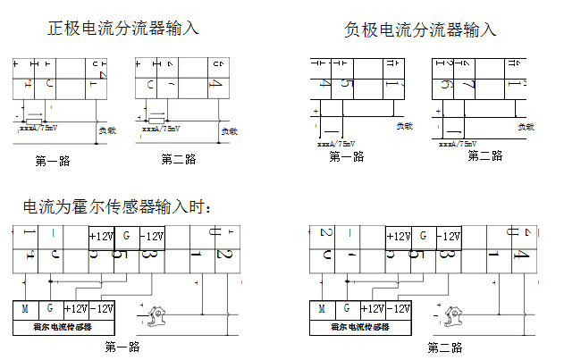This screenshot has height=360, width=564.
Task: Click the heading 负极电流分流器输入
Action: tap(420, 29)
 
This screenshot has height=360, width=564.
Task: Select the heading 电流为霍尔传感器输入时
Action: tap(118, 208)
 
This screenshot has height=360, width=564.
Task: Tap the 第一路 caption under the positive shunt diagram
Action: tap(53, 162)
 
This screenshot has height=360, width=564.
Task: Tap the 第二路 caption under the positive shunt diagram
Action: tap(179, 159)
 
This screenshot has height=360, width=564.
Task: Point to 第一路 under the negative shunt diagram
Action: tap(347, 156)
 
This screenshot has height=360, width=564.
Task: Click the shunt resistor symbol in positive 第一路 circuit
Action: tap(33, 119)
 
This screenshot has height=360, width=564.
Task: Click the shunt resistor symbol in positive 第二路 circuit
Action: tap(156, 119)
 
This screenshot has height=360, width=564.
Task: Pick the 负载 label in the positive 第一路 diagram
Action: tap(106, 130)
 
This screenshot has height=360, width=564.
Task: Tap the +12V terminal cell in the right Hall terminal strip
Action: tap(398, 237)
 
